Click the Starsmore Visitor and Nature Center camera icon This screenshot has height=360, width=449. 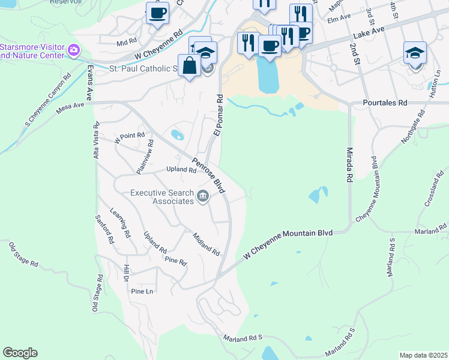73,49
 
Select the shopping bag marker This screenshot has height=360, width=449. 189,66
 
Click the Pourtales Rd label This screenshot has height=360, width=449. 385,103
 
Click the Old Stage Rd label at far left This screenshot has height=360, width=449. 24,255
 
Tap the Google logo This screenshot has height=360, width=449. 20,353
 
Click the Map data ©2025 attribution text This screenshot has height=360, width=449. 423,355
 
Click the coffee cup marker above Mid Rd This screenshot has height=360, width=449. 157,13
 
